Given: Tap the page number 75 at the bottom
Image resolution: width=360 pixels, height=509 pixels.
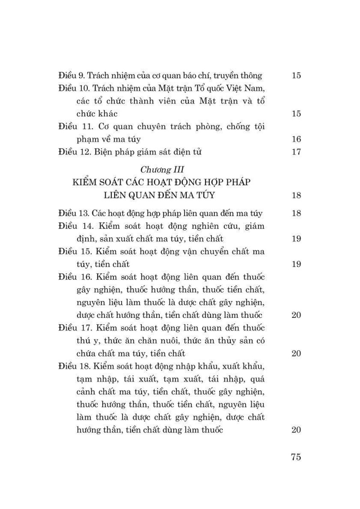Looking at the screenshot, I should coord(296,457).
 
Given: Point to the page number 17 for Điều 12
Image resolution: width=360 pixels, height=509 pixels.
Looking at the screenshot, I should coord(296,152).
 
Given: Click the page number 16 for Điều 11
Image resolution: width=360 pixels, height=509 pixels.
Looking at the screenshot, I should coord(296,139).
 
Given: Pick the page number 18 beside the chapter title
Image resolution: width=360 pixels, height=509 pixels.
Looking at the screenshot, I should coord(296,196).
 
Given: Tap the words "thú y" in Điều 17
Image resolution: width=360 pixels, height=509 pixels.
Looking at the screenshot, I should coord(87,340).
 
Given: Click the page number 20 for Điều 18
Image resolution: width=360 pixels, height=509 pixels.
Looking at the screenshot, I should coord(296,430).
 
